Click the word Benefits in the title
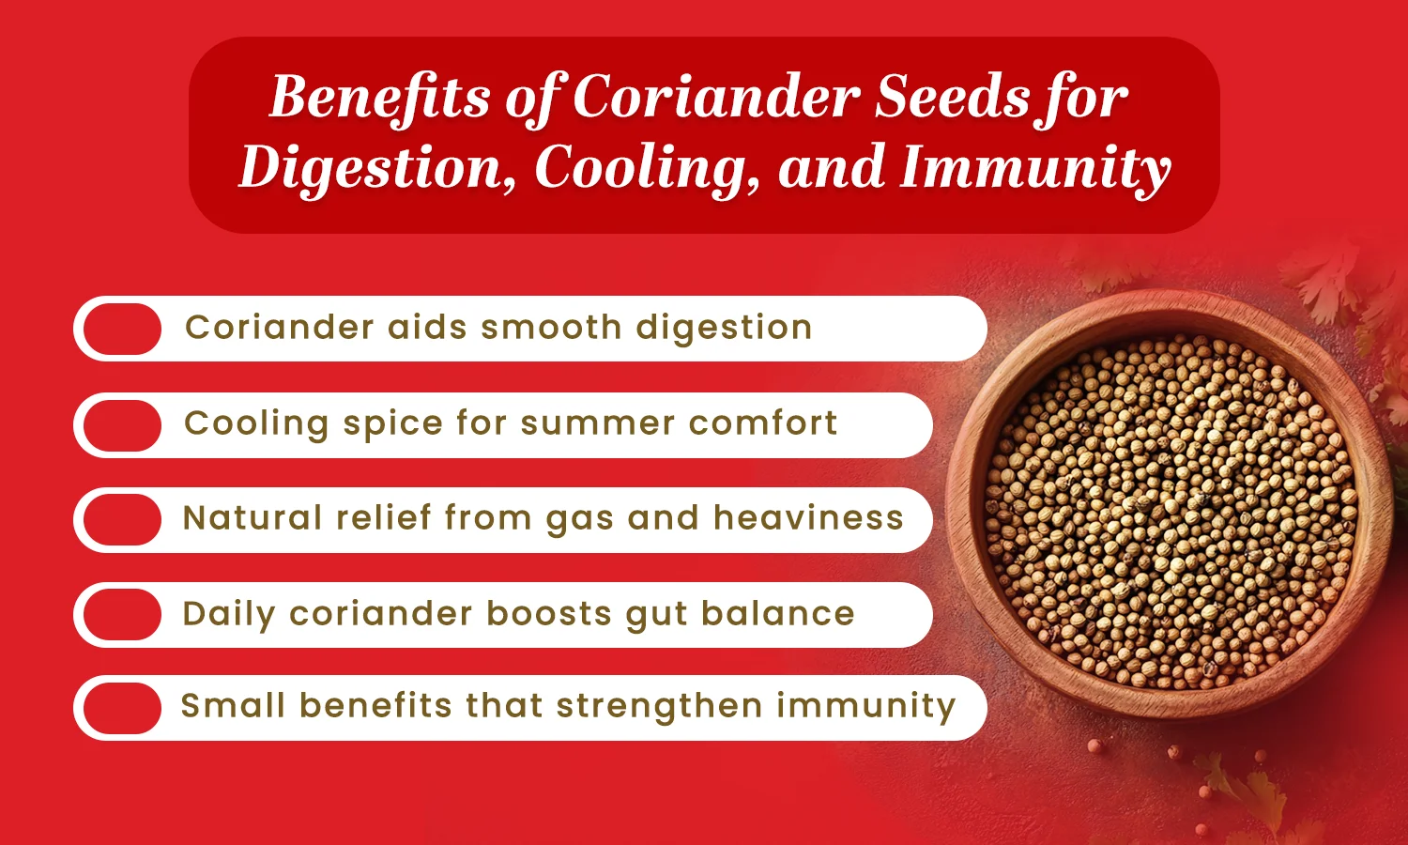point(380,97)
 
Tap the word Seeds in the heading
point(952,97)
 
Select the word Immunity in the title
point(1034,168)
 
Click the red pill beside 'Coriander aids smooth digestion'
point(122,329)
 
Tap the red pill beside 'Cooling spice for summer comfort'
point(122,425)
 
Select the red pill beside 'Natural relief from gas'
point(122,520)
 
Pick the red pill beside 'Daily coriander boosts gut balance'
point(122,615)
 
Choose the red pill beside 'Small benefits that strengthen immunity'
point(122,708)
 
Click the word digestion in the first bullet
point(724,329)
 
